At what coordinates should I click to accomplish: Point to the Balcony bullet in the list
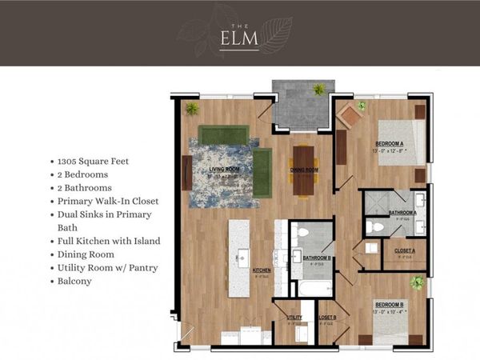pyautogui.click(x=76, y=281)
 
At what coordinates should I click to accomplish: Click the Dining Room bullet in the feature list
pyautogui.click(x=87, y=254)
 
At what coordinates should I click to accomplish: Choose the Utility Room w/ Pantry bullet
pyautogui.click(x=110, y=267)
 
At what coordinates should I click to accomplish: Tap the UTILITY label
pyautogui.click(x=294, y=318)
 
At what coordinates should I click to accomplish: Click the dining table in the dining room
pyautogui.click(x=303, y=170)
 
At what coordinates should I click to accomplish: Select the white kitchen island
pyautogui.click(x=238, y=258)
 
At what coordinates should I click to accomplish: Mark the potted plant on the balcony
pyautogui.click(x=319, y=90)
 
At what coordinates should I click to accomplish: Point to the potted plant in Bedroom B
pyautogui.click(x=416, y=283)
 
